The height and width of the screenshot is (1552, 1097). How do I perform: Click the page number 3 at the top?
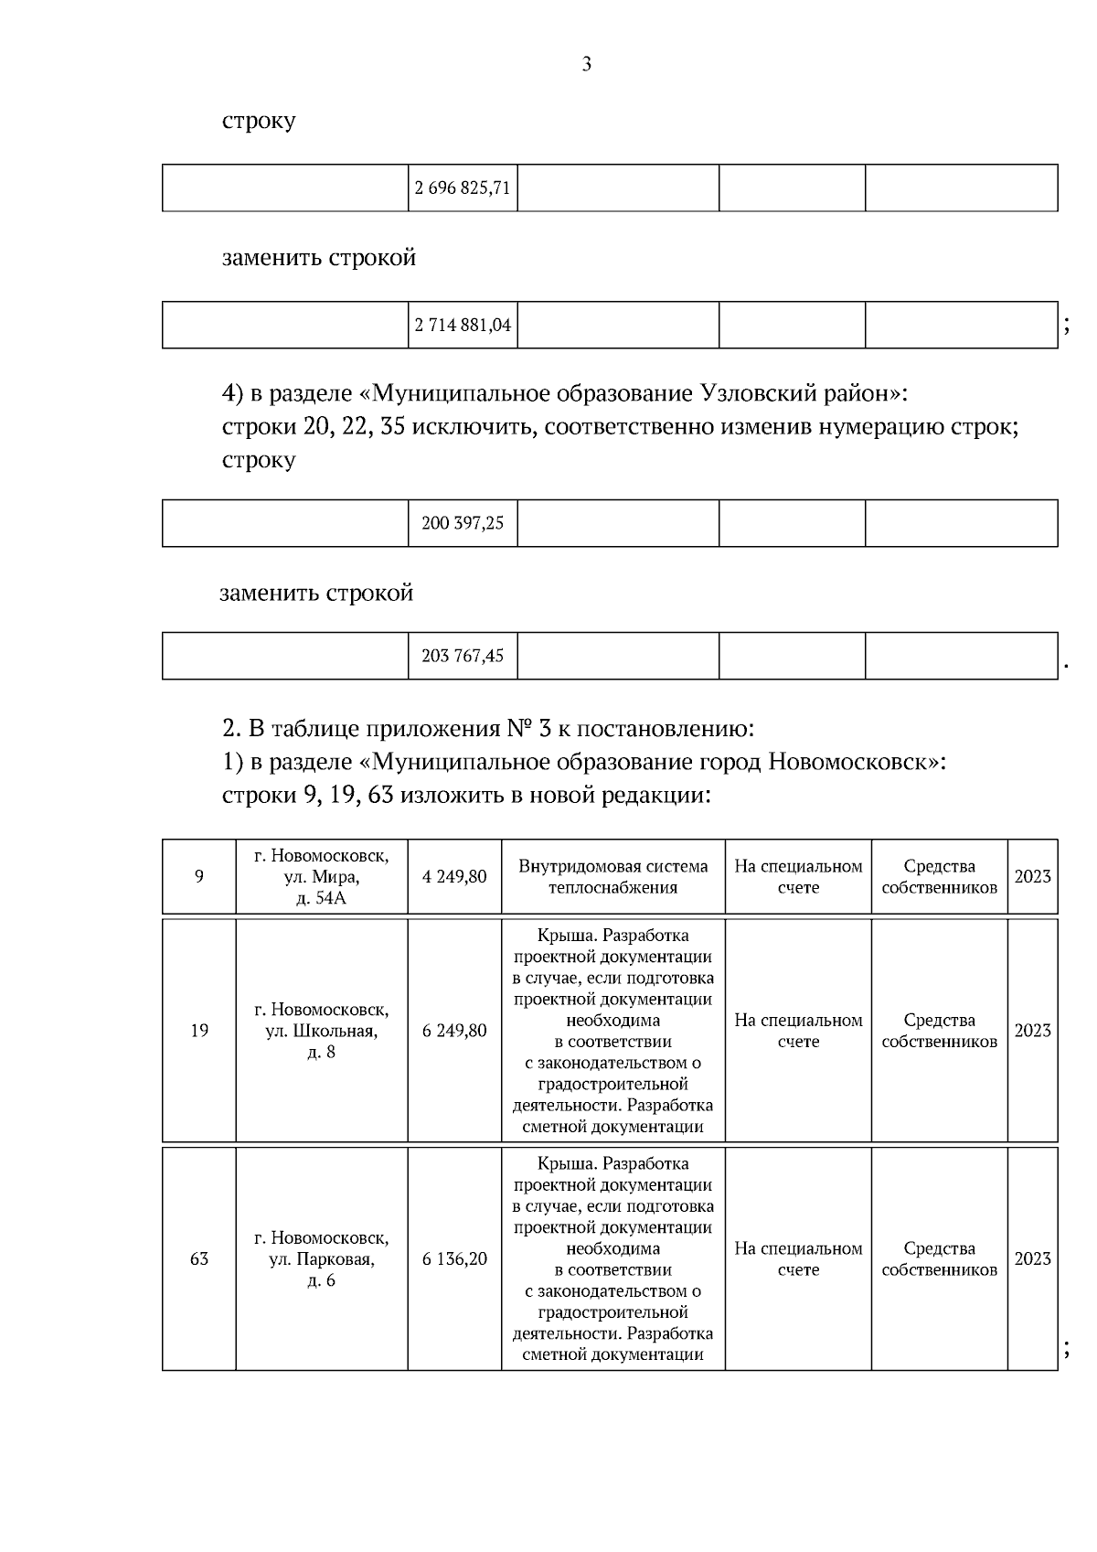point(586,64)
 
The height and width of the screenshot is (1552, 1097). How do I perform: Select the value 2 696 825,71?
point(463,188)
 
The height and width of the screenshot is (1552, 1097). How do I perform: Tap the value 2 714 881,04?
point(463,325)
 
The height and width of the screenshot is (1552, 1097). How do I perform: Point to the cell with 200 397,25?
point(463,523)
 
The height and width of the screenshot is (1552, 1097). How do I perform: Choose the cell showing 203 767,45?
point(463,656)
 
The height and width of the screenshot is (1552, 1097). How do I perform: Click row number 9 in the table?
point(199,876)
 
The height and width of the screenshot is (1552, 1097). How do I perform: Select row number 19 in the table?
point(199,1031)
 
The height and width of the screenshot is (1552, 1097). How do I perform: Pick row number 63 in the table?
point(199,1258)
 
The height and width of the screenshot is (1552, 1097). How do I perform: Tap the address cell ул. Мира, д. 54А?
point(322,876)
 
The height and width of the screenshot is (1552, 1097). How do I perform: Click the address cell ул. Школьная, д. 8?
point(322,1031)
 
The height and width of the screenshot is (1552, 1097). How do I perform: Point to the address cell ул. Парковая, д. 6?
point(322,1258)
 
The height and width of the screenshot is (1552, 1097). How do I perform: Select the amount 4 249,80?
point(454,876)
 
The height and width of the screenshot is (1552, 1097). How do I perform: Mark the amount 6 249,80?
point(454,1031)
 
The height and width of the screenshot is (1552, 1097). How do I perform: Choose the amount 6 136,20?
point(454,1258)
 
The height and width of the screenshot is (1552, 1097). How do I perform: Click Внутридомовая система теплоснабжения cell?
point(612,876)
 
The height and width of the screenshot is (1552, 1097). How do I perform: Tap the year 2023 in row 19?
point(1032,1031)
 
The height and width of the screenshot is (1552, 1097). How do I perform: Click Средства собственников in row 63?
point(939,1258)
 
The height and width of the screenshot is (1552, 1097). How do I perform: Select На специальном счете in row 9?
point(798,876)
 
